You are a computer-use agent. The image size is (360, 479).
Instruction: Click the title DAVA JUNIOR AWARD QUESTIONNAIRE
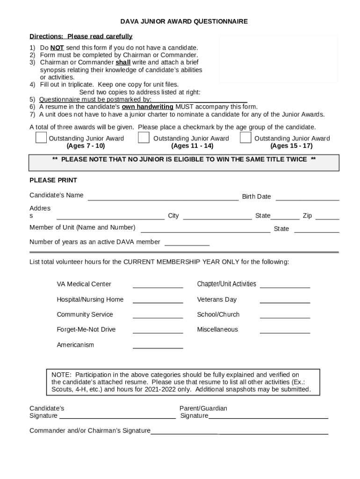click(184, 22)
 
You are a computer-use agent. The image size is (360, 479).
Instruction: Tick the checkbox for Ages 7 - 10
click(41, 138)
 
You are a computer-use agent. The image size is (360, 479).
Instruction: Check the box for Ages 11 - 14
click(144, 138)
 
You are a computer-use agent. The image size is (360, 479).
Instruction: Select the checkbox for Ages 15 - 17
click(245, 138)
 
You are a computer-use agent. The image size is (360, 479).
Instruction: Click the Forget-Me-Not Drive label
click(86, 329)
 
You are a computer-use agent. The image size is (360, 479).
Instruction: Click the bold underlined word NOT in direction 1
click(57, 48)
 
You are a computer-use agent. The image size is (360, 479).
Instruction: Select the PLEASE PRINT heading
click(53, 180)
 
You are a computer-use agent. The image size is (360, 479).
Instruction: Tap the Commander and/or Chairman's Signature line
click(239, 433)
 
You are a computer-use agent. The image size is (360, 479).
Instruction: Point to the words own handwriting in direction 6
click(147, 107)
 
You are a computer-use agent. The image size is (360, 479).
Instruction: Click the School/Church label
click(218, 314)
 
